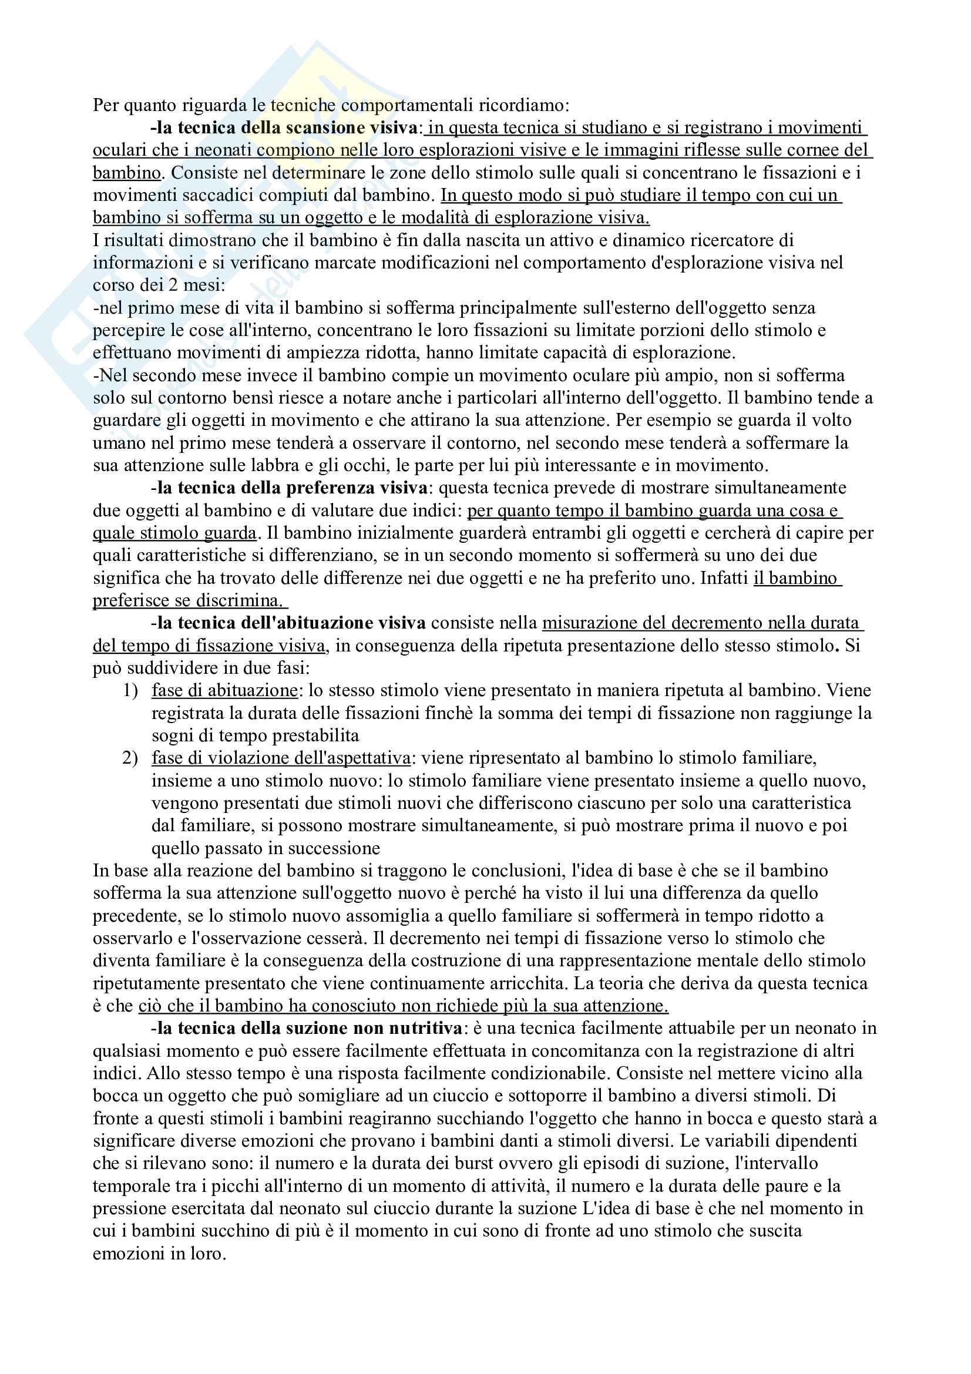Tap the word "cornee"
tap(794, 150)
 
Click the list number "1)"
tap(130, 691)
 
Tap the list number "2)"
tap(130, 759)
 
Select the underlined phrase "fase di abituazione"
tap(224, 691)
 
